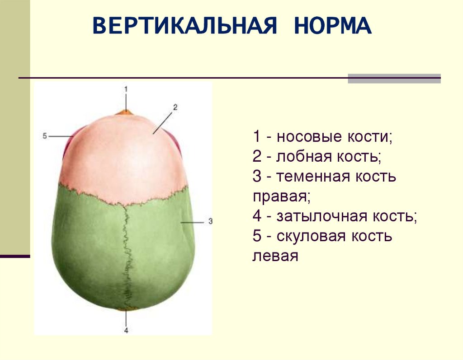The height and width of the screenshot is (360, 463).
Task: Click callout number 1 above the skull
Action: click(127, 88)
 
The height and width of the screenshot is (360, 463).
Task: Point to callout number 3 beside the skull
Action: click(210, 222)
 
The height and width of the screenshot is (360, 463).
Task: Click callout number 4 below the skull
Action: click(126, 331)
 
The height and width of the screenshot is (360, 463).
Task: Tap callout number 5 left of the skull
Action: click(45, 136)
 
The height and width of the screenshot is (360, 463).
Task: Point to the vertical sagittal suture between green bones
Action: click(126, 253)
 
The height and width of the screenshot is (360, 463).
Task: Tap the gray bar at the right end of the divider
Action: click(394, 79)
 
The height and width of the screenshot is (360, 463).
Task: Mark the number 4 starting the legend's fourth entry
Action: click(257, 216)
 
